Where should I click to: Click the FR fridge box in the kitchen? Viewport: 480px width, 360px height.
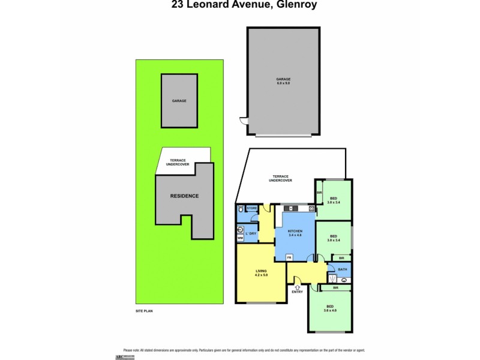click(x=289, y=257)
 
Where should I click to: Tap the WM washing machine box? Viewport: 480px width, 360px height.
click(x=240, y=238)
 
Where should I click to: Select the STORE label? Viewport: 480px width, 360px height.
click(x=252, y=209)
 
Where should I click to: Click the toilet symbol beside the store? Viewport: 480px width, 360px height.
click(x=240, y=209)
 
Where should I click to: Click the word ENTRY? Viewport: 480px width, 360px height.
click(x=297, y=292)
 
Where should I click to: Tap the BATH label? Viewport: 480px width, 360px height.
click(x=343, y=269)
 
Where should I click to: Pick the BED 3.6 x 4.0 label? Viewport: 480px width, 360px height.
click(x=331, y=308)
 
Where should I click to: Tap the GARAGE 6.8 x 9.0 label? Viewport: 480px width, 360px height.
click(x=283, y=80)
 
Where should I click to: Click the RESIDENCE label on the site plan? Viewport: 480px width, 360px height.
click(x=184, y=196)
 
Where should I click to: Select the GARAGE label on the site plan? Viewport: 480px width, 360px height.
click(x=179, y=101)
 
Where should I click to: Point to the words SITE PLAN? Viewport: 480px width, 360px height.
click(x=145, y=312)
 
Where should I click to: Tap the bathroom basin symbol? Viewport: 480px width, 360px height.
click(x=344, y=280)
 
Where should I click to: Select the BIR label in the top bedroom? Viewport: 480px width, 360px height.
click(x=319, y=193)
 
